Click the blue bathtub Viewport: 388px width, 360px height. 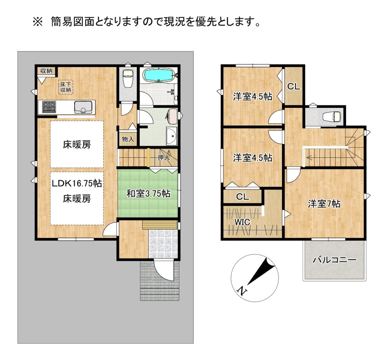(160, 75)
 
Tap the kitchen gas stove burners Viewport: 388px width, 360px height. (49, 107)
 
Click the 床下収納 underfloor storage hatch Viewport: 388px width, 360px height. (66, 87)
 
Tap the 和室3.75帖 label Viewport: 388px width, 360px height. (148, 193)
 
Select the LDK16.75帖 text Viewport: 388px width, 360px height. (77, 183)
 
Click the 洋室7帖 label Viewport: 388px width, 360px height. (324, 204)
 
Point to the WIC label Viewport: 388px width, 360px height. (242, 222)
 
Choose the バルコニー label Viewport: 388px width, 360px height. (335, 260)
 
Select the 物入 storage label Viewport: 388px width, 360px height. (128, 139)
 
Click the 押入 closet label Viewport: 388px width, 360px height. (164, 157)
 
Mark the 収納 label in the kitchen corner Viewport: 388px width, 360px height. (46, 71)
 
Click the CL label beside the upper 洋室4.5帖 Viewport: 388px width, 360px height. (294, 87)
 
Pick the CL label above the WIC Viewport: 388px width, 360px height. (242, 196)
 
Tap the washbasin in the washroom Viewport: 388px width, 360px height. (171, 136)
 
